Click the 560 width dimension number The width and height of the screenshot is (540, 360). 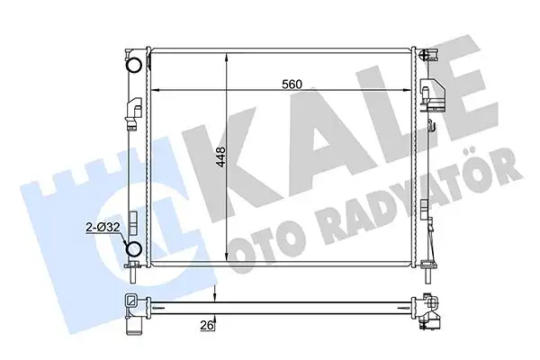289,85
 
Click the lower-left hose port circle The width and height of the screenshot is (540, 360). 133,250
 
